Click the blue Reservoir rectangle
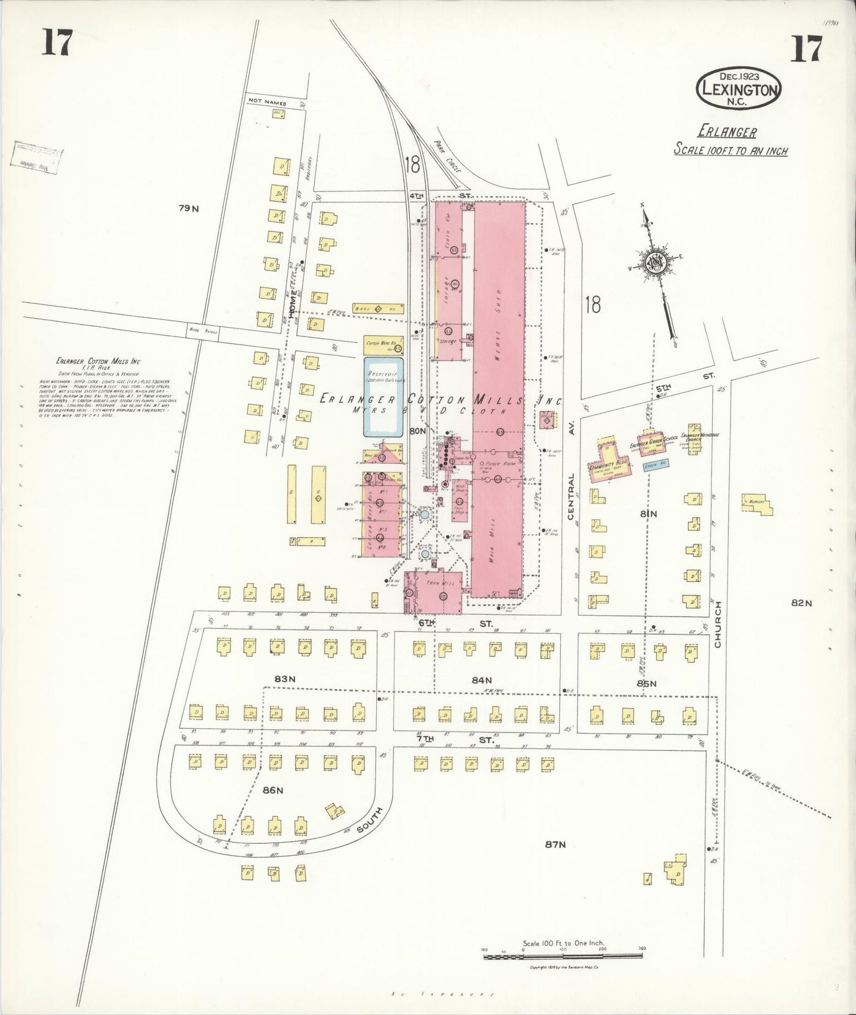tap(384, 397)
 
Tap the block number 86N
tap(274, 790)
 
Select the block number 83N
tap(284, 679)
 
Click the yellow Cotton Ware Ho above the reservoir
tap(383, 345)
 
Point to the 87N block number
tap(554, 844)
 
